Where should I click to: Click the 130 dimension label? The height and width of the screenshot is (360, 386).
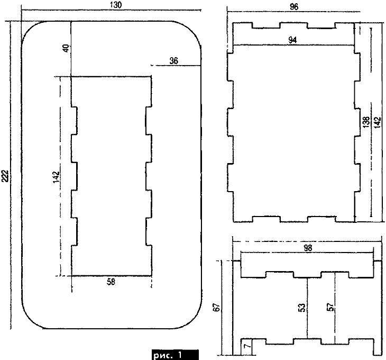(116, 5)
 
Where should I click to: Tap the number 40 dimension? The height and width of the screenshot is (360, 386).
(67, 48)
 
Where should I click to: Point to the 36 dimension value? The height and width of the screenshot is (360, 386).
(174, 61)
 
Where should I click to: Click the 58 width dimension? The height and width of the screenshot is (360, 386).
(111, 282)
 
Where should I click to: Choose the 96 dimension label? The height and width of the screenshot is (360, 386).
(294, 7)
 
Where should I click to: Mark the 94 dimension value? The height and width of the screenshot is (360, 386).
(292, 40)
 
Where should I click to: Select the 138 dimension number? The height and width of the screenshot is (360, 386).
(366, 122)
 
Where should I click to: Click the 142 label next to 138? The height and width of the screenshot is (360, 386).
(377, 122)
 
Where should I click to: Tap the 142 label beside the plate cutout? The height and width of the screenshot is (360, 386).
(56, 177)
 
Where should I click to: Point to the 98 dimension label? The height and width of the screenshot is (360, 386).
(307, 248)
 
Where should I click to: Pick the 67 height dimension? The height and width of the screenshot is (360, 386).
(217, 307)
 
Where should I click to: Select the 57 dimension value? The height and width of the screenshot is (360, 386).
(331, 307)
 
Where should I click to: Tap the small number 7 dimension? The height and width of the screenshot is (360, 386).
(249, 346)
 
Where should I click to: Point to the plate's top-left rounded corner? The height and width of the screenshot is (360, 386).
(30, 29)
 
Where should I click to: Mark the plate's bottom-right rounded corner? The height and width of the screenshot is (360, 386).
(194, 321)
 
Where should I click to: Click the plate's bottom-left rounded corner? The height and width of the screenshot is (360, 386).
(30, 321)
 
